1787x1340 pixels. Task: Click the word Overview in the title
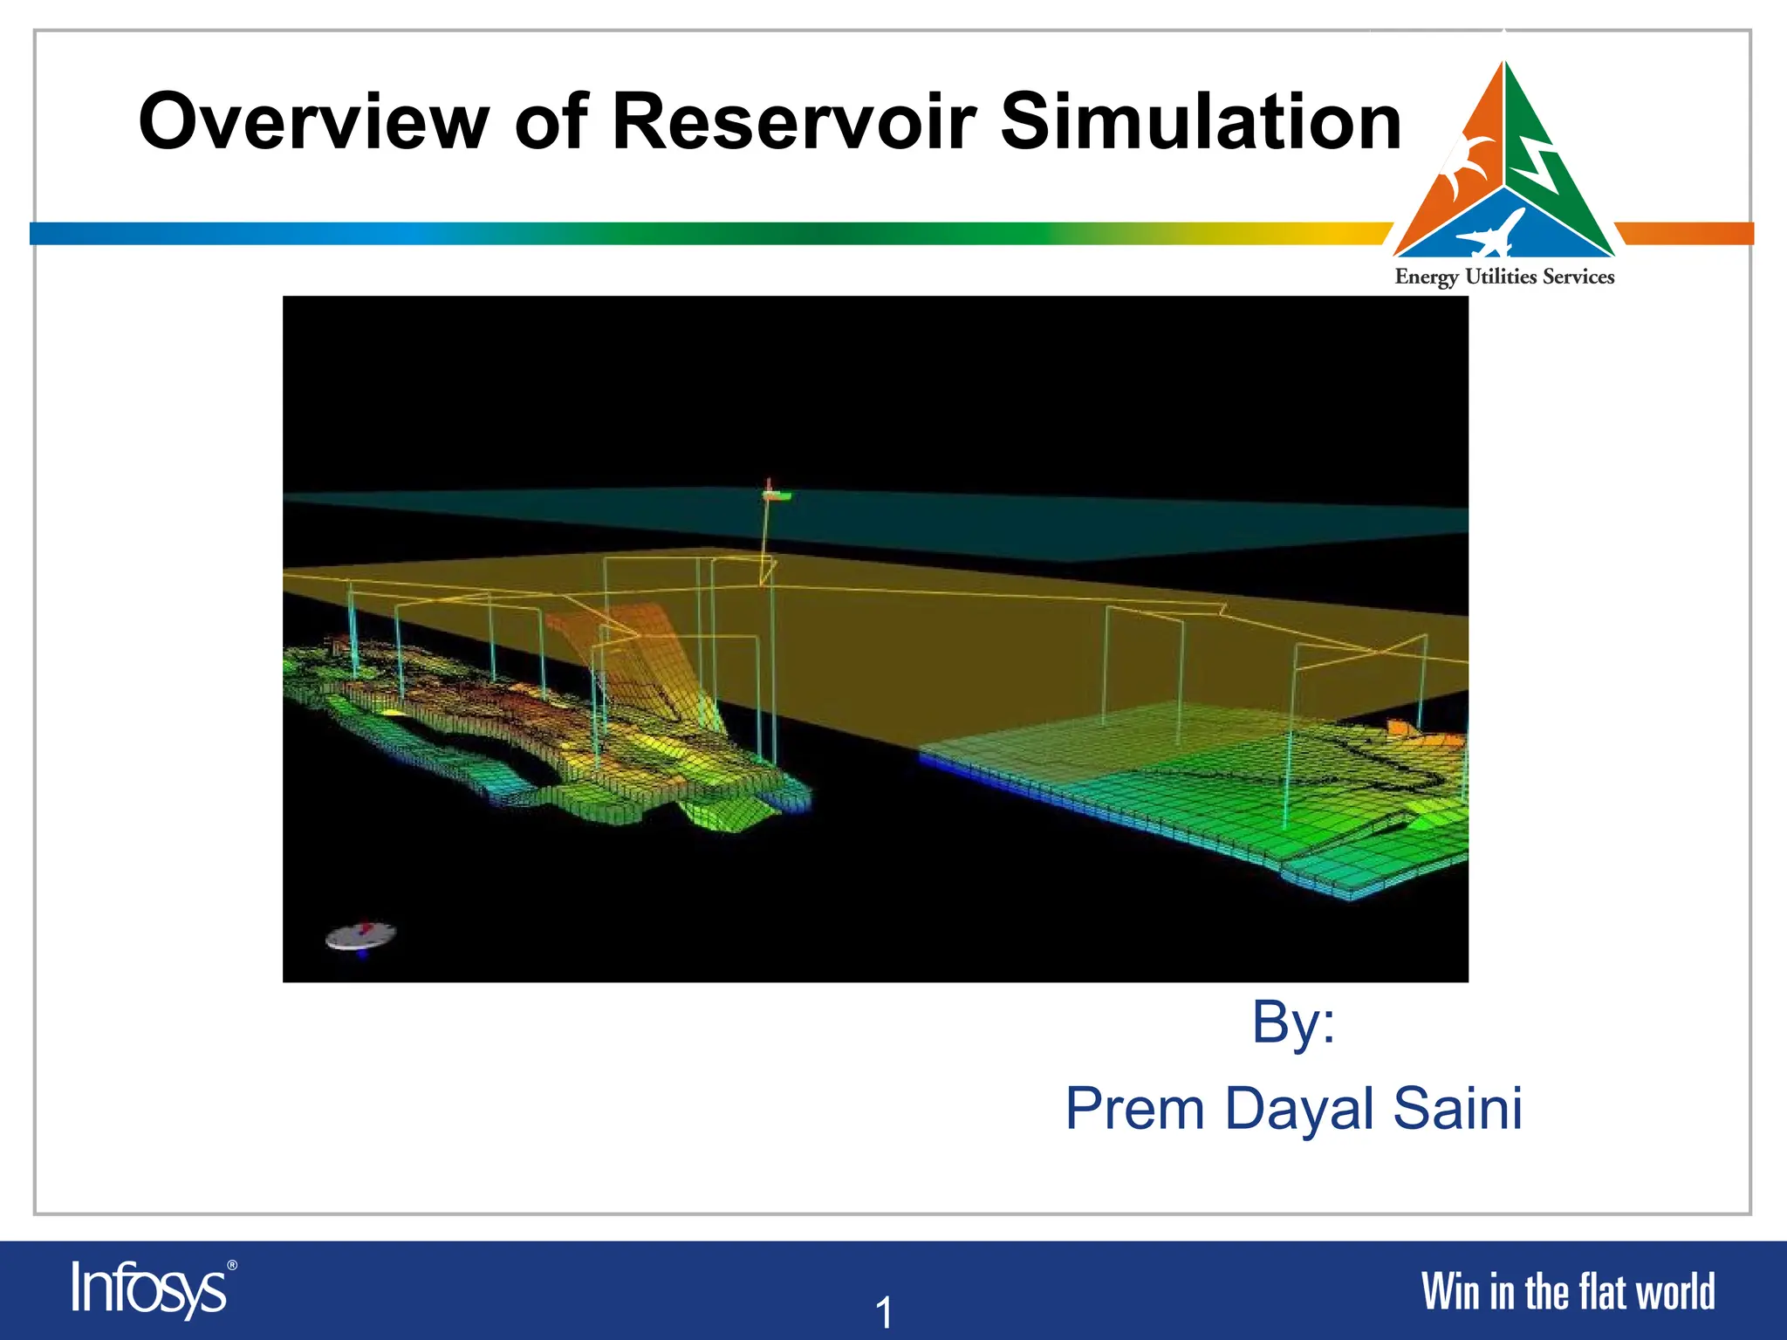(314, 122)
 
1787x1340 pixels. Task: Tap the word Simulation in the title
(1200, 122)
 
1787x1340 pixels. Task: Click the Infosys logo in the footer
(148, 1289)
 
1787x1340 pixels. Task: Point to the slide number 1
(884, 1312)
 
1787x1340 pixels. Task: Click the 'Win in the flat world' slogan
(1567, 1292)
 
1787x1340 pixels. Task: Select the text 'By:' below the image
(1293, 1022)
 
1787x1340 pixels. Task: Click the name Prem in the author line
(1135, 1109)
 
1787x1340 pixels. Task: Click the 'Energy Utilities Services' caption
(1504, 277)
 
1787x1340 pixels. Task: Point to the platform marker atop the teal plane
(773, 495)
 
